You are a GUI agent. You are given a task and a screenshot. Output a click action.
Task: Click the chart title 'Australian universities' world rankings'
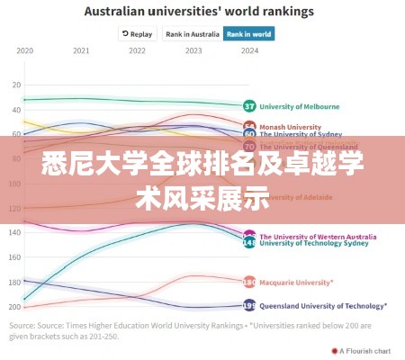point(199,12)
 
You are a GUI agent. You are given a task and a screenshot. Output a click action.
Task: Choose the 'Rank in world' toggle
point(249,34)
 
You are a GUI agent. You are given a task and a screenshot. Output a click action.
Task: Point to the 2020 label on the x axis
point(25,50)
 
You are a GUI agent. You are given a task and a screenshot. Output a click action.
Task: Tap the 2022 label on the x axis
point(137,50)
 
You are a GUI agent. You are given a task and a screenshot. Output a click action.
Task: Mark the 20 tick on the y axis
point(15,85)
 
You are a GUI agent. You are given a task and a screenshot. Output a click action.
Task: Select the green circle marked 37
point(249,105)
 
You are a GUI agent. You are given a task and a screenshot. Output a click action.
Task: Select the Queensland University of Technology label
point(323,305)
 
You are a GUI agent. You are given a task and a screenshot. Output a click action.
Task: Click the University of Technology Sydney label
point(313,243)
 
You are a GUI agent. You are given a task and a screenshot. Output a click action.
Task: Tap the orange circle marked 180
point(249,281)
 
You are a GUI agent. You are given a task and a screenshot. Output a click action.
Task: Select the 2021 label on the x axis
point(81,50)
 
